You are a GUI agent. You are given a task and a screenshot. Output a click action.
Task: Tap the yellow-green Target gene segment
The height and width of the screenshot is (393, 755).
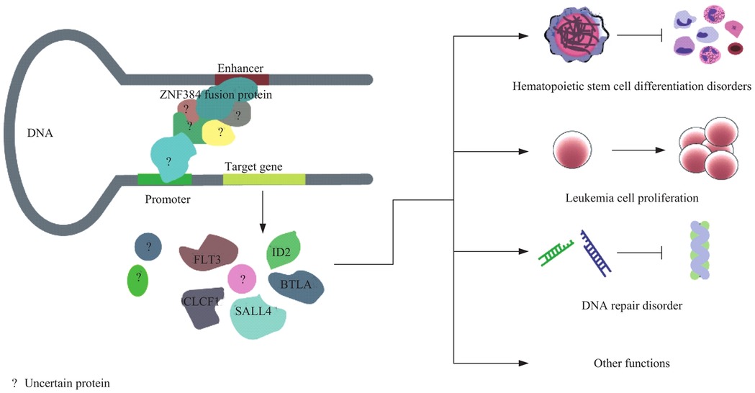[264, 179]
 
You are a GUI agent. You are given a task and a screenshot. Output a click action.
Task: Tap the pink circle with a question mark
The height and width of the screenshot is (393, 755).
[243, 279]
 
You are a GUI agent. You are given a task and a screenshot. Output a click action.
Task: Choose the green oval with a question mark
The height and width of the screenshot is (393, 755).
[137, 281]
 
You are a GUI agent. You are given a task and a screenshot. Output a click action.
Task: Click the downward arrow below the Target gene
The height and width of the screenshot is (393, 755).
[262, 208]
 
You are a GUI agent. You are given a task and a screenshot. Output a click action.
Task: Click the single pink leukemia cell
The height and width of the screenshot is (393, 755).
[573, 151]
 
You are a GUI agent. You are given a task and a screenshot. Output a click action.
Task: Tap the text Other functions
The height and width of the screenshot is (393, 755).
[632, 363]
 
